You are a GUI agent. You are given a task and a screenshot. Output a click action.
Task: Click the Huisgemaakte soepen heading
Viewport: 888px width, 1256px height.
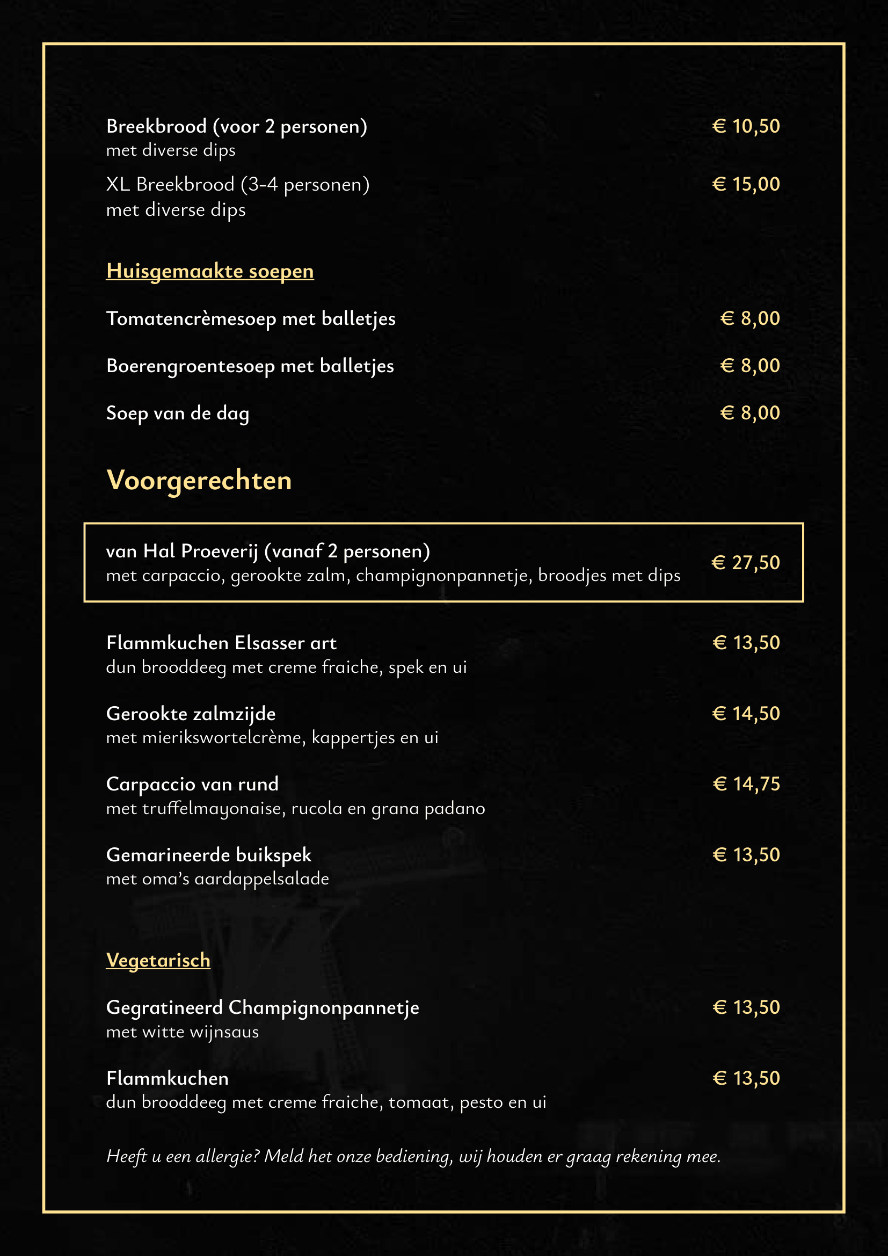click(209, 271)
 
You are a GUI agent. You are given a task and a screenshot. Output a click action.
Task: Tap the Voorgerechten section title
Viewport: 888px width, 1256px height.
click(199, 480)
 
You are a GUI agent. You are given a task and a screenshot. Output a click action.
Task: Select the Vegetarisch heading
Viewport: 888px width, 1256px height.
click(158, 960)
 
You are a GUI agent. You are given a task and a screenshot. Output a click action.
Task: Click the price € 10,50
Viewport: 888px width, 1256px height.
click(746, 126)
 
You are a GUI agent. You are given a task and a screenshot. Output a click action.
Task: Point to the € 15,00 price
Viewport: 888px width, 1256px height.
click(746, 184)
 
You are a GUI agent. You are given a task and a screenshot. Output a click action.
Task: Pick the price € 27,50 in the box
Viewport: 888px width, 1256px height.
click(745, 562)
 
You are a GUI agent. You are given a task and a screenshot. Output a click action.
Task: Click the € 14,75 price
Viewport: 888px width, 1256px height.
click(746, 784)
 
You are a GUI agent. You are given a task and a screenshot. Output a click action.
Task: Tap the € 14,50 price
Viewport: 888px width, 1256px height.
click(746, 713)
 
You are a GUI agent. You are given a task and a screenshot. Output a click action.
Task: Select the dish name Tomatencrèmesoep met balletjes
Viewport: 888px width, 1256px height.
click(250, 318)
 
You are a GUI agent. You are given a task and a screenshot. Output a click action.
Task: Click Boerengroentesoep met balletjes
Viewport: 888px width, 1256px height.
click(250, 366)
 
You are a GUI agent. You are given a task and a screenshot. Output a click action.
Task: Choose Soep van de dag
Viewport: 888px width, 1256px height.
click(178, 413)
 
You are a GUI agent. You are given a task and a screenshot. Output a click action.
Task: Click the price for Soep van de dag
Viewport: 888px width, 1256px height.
click(749, 413)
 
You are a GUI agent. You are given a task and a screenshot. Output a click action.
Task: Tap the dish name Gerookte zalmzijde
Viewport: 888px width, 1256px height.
click(191, 714)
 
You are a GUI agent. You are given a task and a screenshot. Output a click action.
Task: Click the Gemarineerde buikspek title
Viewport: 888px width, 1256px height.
click(208, 854)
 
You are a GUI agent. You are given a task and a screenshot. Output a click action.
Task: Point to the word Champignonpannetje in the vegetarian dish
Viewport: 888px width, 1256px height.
click(324, 1007)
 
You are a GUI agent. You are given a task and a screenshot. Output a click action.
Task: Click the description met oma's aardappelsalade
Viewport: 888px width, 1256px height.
click(217, 879)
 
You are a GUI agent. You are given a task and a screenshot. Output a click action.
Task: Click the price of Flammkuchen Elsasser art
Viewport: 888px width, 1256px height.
click(746, 643)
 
